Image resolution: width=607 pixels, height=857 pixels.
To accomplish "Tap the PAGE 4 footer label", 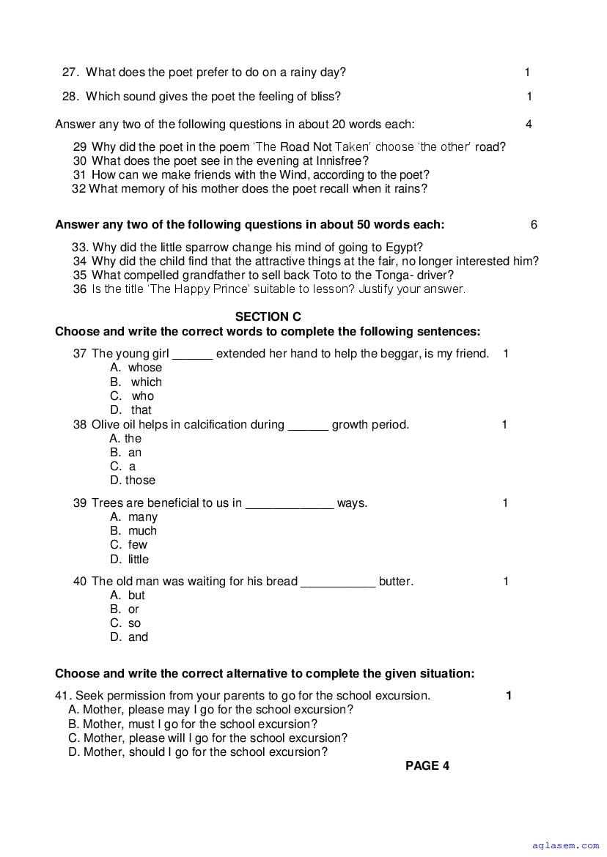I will [427, 766].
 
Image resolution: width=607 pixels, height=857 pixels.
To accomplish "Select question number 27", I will [70, 72].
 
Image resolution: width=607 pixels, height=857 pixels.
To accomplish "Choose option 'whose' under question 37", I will [144, 368].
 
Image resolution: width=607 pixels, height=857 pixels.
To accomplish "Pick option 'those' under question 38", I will [140, 481].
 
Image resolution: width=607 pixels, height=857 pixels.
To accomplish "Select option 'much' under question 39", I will [142, 531].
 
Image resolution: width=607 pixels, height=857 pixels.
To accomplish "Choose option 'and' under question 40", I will [138, 637].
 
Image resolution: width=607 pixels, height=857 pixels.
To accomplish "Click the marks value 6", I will [534, 225].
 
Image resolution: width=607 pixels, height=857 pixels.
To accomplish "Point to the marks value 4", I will [529, 124].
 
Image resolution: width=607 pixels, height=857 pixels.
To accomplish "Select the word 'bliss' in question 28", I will [324, 96].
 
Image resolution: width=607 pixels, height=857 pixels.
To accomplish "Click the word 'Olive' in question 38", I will [106, 424].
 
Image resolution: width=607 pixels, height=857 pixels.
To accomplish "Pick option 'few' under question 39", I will [137, 545].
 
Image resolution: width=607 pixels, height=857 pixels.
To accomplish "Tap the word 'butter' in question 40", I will [394, 582].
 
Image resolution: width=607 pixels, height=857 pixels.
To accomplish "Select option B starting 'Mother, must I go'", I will [193, 724].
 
